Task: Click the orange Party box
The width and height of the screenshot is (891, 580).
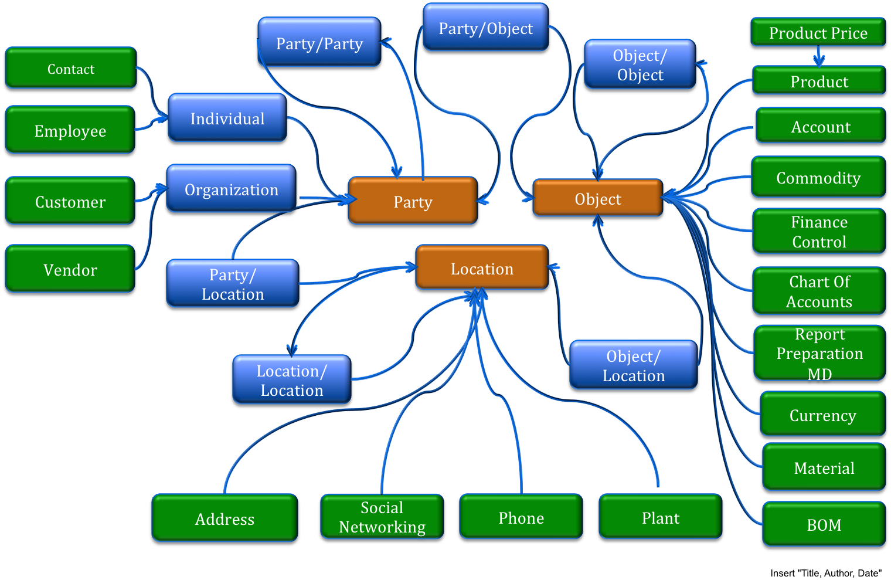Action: (413, 202)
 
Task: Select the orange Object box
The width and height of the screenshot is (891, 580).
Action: (597, 199)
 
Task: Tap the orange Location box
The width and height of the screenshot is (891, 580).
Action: (482, 269)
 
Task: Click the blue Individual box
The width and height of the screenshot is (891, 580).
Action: (227, 119)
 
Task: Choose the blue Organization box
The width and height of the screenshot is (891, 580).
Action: (232, 190)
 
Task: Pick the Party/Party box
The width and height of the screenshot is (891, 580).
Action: (319, 44)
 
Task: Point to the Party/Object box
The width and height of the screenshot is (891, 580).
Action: (486, 29)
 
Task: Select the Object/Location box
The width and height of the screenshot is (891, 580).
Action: (634, 366)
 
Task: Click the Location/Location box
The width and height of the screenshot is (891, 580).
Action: (292, 381)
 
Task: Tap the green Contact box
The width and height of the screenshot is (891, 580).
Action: (70, 69)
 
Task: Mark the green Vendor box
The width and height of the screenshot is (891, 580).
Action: (70, 270)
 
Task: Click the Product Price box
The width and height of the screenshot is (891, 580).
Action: (818, 33)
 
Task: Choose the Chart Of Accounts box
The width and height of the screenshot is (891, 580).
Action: (819, 292)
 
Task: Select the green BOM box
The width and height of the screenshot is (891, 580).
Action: (824, 525)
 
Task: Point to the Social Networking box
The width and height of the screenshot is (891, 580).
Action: (382, 517)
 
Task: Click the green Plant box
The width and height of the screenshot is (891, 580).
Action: (661, 518)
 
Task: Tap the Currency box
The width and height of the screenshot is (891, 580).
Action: (822, 416)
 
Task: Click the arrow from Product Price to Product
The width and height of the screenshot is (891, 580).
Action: (819, 57)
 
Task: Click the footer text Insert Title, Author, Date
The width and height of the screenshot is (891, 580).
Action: (825, 573)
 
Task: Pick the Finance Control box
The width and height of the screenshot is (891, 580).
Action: (819, 232)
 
